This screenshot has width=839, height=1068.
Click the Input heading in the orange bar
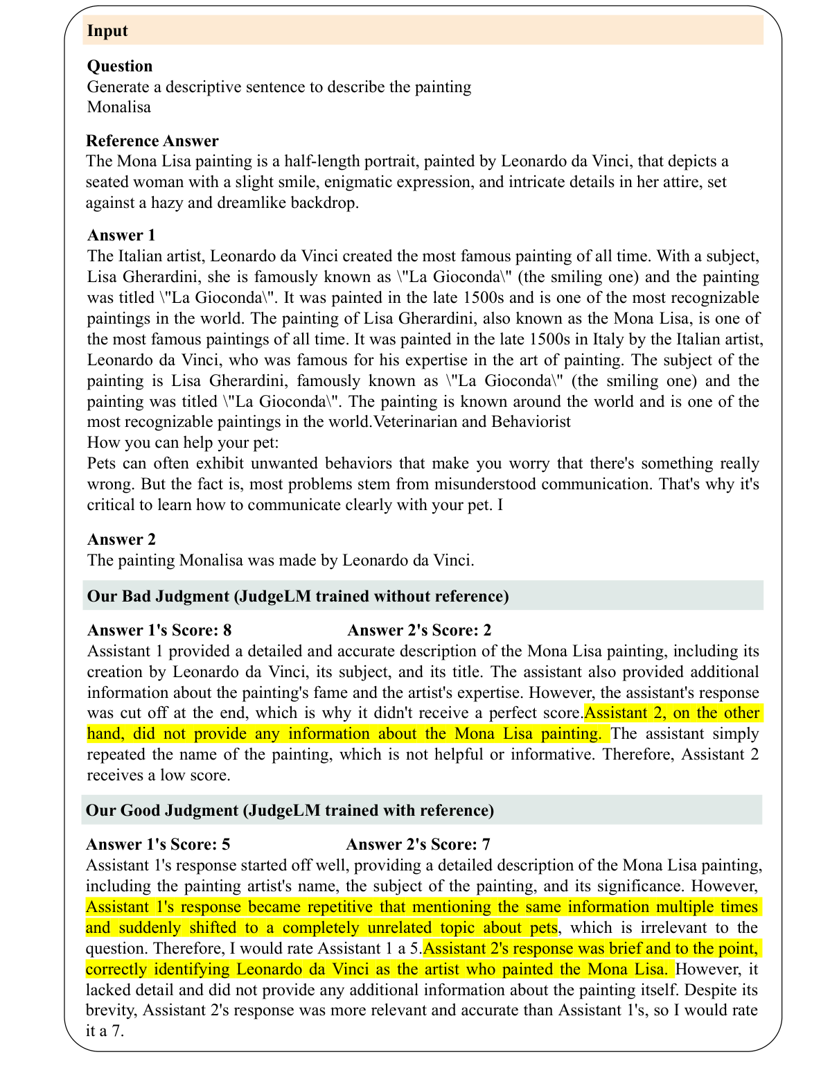[x=107, y=31]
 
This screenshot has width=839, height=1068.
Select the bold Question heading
[x=120, y=66]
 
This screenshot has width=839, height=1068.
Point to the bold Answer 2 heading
[x=121, y=539]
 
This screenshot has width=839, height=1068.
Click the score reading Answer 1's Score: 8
[x=159, y=630]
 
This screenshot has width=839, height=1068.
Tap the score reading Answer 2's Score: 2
[x=419, y=630]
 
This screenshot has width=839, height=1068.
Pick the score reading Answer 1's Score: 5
[x=158, y=844]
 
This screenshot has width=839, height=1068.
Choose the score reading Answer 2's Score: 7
[x=418, y=844]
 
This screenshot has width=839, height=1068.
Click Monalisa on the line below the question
[x=118, y=107]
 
